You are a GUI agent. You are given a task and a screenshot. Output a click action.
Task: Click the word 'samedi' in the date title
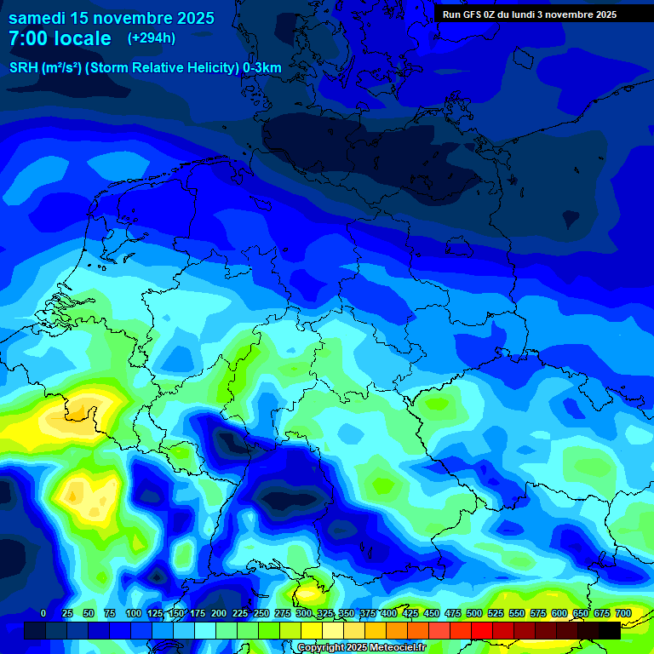click(x=35, y=18)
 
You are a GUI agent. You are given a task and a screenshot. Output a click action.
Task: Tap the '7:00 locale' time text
click(x=60, y=38)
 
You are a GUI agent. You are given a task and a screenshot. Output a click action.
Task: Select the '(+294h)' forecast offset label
click(x=152, y=38)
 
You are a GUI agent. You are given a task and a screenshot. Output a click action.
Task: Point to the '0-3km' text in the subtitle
click(x=262, y=68)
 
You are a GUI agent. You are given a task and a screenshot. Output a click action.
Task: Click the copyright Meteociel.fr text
click(x=361, y=648)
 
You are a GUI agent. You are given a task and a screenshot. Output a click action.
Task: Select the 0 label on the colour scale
click(x=43, y=613)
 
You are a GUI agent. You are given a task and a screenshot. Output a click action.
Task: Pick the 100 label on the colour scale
click(x=134, y=613)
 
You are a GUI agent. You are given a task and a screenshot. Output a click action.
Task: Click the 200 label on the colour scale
click(x=219, y=613)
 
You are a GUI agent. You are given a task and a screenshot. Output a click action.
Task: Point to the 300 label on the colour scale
click(x=304, y=613)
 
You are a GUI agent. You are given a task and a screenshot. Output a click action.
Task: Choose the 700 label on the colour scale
click(x=622, y=613)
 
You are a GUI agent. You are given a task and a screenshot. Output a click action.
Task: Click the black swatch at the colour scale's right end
click(x=609, y=630)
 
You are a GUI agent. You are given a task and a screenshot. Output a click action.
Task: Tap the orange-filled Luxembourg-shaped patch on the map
click(x=79, y=414)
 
